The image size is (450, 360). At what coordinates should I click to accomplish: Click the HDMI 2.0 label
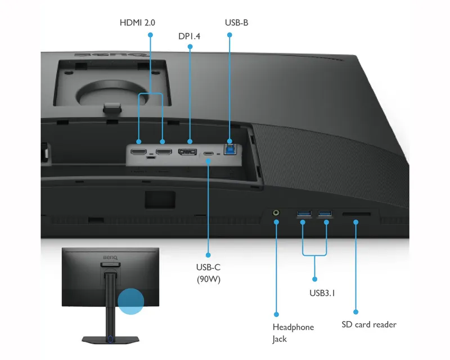(137, 22)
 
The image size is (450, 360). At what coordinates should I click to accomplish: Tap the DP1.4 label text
(189, 36)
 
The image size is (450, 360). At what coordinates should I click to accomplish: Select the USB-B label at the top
(236, 22)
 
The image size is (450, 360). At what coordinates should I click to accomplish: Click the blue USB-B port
(230, 149)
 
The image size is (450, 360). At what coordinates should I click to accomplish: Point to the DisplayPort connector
(187, 151)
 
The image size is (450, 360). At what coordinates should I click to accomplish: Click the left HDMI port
(138, 152)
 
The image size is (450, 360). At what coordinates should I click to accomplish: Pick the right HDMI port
(164, 151)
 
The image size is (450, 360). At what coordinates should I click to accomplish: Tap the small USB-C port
(208, 154)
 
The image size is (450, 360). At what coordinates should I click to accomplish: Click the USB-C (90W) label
(208, 273)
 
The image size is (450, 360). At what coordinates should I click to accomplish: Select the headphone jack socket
(276, 213)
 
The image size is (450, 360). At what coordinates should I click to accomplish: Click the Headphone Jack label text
(293, 333)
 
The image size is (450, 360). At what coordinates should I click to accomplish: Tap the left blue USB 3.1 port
(304, 213)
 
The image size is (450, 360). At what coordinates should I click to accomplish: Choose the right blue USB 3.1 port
(325, 213)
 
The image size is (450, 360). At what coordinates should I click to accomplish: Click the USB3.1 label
(322, 293)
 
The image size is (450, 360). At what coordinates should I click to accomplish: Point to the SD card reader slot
(357, 214)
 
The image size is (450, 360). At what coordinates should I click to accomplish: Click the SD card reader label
(369, 325)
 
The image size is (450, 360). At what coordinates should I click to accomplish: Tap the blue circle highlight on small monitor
(131, 301)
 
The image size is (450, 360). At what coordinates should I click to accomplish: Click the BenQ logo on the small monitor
(110, 258)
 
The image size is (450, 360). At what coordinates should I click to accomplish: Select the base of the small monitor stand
(110, 340)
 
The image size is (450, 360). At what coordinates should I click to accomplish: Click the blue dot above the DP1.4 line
(190, 47)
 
